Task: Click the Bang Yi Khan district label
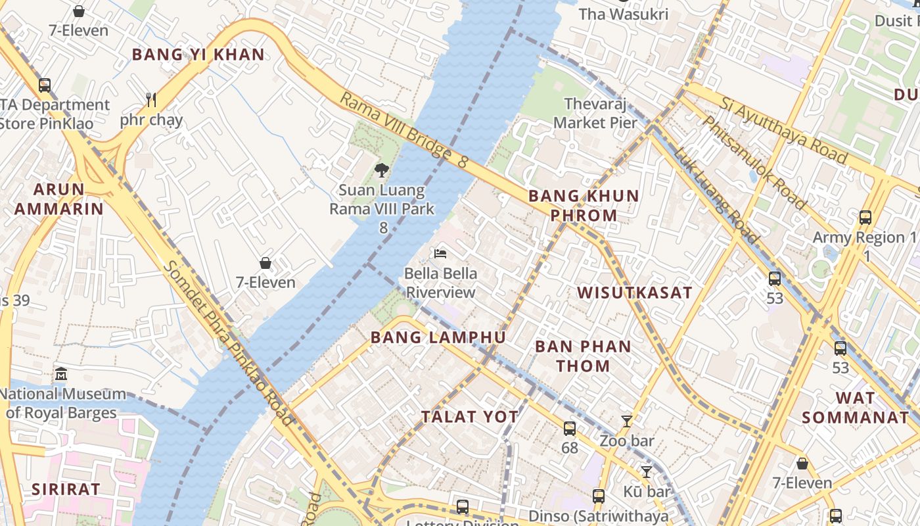[198, 55]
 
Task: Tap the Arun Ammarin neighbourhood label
[59, 199]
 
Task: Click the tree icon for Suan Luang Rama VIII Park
[381, 170]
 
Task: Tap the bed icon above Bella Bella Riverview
[440, 254]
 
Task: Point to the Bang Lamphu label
[438, 337]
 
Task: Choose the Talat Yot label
[470, 416]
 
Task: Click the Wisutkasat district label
[635, 293]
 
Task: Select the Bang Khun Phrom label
[584, 205]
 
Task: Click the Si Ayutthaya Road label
[783, 130]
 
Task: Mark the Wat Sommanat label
[856, 408]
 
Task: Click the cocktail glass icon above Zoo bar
[626, 421]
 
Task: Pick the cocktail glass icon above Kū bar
[647, 472]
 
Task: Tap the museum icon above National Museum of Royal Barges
[61, 374]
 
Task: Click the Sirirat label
[66, 489]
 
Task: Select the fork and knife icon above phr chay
[151, 100]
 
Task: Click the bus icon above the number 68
[570, 429]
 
